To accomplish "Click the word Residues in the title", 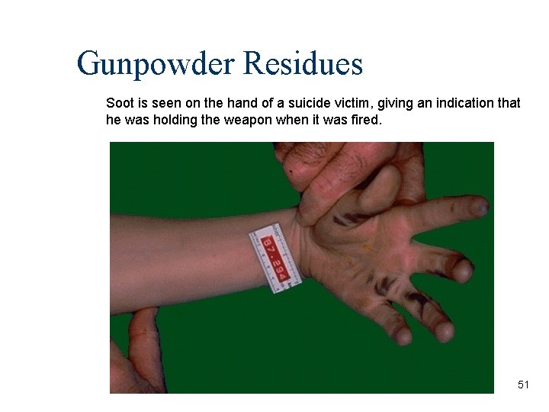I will pos(303,64).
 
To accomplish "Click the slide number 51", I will pos(523,385).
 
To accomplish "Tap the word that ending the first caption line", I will pos(509,103).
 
